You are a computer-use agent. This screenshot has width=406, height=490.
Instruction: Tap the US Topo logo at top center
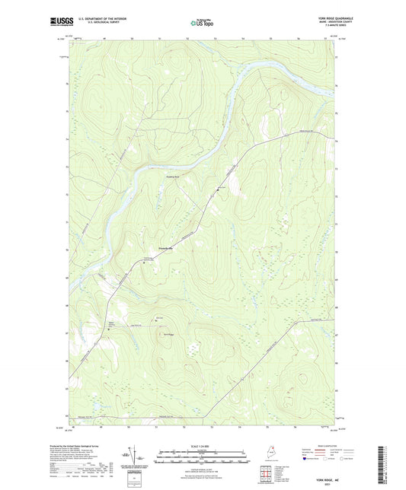pos(201,24)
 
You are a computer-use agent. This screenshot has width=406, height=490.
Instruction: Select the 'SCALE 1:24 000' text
pos(202,445)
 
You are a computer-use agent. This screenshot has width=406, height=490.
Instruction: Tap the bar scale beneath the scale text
pos(202,453)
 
